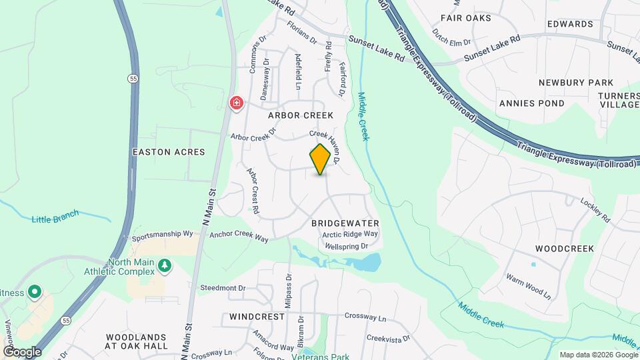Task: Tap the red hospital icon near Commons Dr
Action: tap(236, 103)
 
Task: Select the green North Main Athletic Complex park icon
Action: tap(164, 267)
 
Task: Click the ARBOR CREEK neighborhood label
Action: tap(300, 115)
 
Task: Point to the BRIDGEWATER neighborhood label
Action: tap(345, 223)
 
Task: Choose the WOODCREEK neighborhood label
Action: tap(564, 249)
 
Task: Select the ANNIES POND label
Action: tap(531, 103)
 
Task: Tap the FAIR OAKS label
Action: tap(466, 18)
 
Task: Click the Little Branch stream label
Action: tap(55, 216)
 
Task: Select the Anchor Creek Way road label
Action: tap(239, 237)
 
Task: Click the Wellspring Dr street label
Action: tap(346, 246)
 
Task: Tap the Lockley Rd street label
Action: tap(595, 209)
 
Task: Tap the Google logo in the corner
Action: tap(22, 351)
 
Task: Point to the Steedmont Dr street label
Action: tap(223, 287)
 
